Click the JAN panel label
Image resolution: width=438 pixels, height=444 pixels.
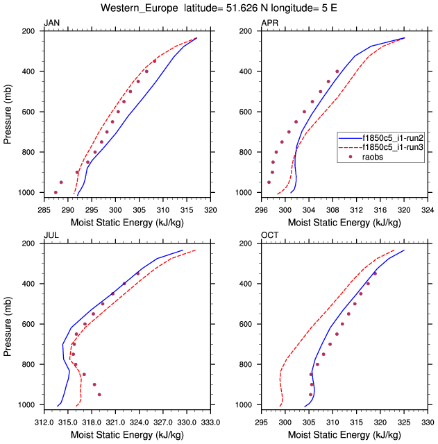pyautogui.click(x=51, y=24)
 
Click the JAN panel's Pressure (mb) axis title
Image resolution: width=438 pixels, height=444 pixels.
pyautogui.click(x=8, y=112)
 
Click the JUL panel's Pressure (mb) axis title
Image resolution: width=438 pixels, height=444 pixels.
pyautogui.click(x=8, y=324)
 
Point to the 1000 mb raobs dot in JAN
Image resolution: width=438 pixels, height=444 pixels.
pyautogui.click(x=56, y=192)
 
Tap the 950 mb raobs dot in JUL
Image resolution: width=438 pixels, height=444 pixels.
pyautogui.click(x=99, y=394)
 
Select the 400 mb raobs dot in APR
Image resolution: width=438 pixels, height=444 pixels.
pyautogui.click(x=337, y=71)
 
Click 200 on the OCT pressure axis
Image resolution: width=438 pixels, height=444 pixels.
pyautogui.click(x=243, y=244)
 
